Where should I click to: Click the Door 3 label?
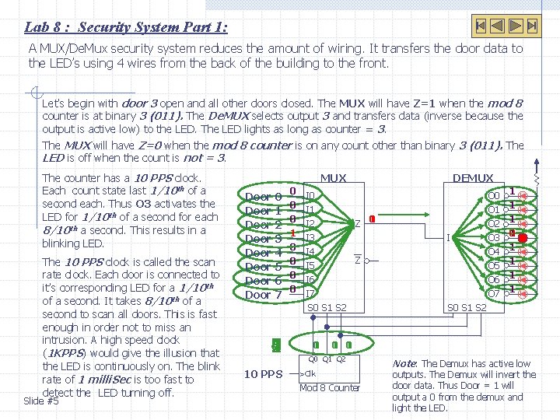point(263,239)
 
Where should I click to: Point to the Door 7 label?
point(263,295)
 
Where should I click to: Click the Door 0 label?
point(263,197)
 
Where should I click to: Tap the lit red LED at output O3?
point(523,237)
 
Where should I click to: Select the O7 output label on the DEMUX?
point(493,294)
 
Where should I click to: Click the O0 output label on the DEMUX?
point(493,195)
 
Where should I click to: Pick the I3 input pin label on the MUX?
point(310,237)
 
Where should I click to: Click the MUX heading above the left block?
point(334,178)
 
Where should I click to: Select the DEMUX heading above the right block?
point(472,178)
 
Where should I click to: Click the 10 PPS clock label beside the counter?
point(264,374)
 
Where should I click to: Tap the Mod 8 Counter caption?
point(330,387)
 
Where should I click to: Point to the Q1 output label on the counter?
point(327,359)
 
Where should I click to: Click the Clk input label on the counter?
point(310,373)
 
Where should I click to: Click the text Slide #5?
point(41,401)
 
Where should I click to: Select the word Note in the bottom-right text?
point(404,363)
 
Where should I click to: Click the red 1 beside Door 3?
point(292,233)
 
